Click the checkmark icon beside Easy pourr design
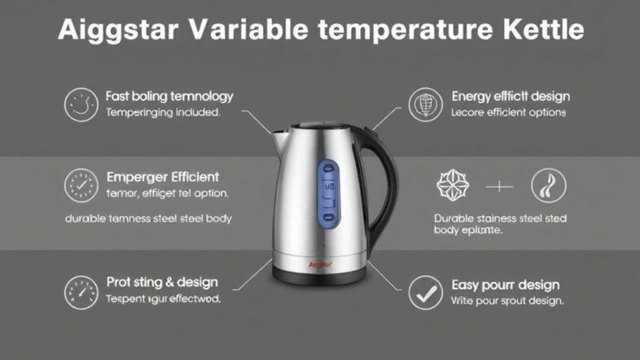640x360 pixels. pyautogui.click(x=425, y=292)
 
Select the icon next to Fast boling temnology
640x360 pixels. pyautogui.click(x=81, y=104)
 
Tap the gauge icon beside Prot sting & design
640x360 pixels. pyautogui.click(x=81, y=292)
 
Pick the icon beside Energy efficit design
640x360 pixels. pyautogui.click(x=425, y=104)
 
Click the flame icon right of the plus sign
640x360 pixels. pyautogui.click(x=547, y=186)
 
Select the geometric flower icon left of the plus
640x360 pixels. pyautogui.click(x=454, y=186)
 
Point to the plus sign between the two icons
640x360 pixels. pyautogui.click(x=500, y=187)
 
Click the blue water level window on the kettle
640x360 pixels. pyautogui.click(x=330, y=191)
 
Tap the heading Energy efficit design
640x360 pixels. pyautogui.click(x=511, y=97)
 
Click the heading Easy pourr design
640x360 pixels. pyautogui.click(x=505, y=284)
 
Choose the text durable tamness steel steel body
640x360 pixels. pyautogui.click(x=148, y=218)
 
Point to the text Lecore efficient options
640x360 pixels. pyautogui.click(x=508, y=113)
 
